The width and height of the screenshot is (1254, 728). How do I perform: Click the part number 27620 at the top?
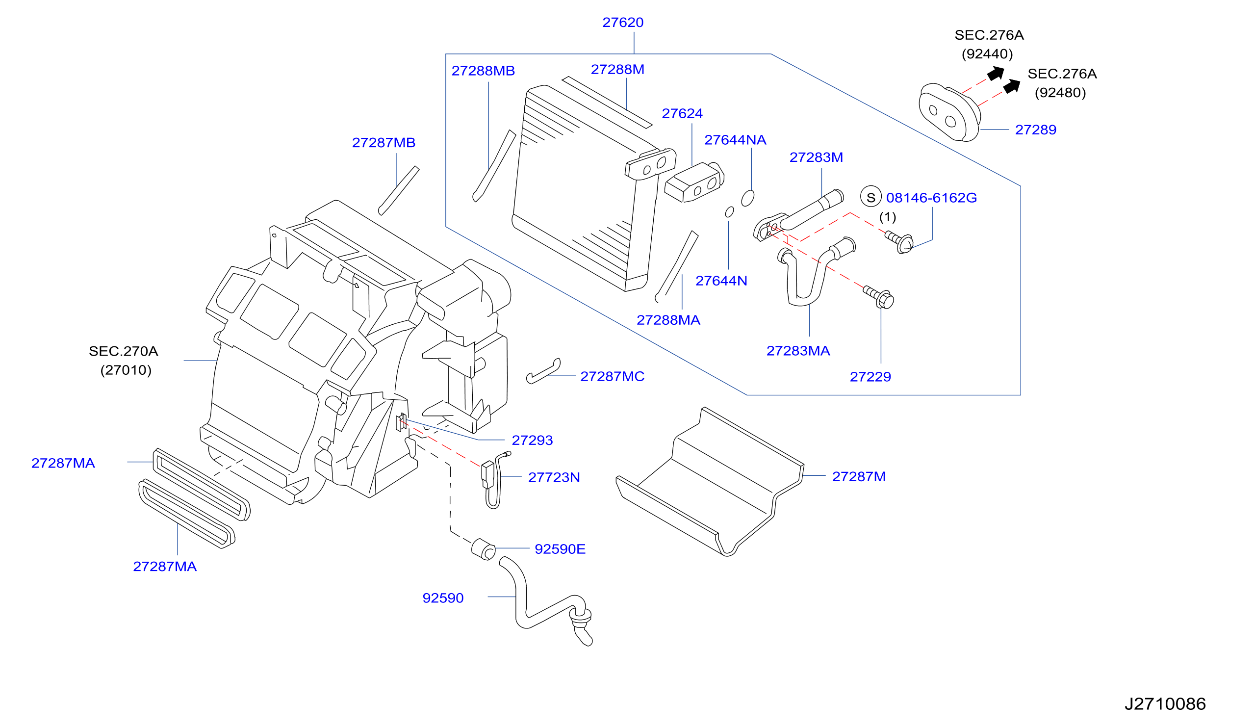tap(622, 23)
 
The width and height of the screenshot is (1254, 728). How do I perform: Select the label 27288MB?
tap(483, 71)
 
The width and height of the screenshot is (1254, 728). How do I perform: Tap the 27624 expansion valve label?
tap(682, 113)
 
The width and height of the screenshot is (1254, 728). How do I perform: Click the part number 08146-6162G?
tap(931, 198)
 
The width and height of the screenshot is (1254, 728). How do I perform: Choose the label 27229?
tap(870, 377)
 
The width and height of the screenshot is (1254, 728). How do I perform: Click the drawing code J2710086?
tap(1165, 704)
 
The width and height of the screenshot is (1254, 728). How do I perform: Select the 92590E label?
tap(560, 549)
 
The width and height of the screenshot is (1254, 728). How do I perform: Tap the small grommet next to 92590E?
tap(483, 549)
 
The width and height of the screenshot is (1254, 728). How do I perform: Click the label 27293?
tap(532, 440)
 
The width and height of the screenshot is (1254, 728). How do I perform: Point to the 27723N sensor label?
tap(554, 477)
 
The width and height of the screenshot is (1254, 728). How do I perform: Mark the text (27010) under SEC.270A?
tap(126, 370)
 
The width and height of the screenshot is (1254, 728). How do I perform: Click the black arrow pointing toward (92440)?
tap(996, 73)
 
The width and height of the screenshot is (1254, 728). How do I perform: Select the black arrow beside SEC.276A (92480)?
tap(1012, 86)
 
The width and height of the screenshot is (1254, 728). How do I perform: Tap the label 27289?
tap(1036, 130)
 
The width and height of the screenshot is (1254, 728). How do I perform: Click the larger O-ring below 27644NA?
tap(747, 198)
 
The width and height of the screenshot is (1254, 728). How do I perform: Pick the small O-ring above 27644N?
tap(730, 212)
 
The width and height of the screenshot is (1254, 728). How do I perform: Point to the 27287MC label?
tap(612, 376)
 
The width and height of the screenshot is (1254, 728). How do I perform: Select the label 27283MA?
tap(798, 351)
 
